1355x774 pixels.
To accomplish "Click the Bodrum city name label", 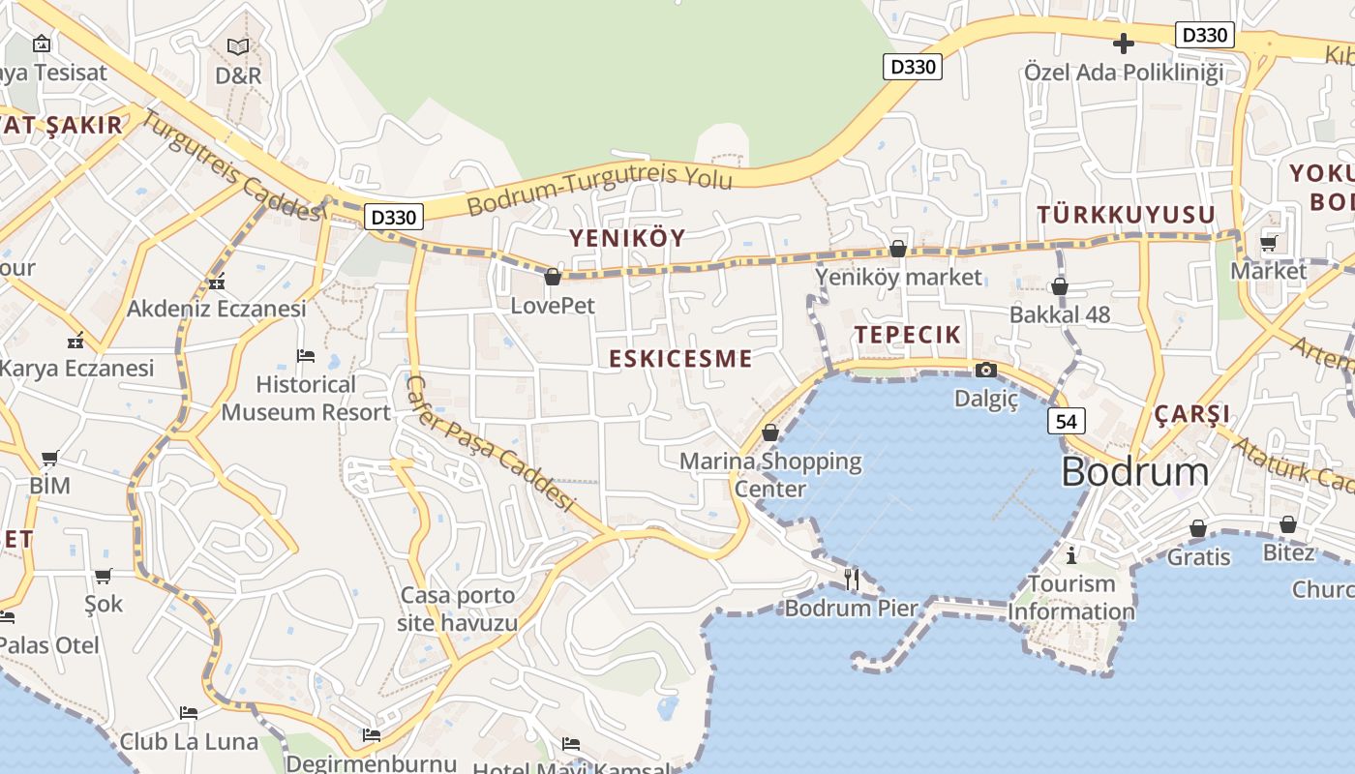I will pos(1134,472).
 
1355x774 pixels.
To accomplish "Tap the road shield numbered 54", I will pos(1066,421).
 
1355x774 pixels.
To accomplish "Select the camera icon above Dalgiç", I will pos(985,370).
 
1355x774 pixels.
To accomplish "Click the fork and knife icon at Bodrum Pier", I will pos(852,579).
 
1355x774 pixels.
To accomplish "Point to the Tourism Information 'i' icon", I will pos(1071,555).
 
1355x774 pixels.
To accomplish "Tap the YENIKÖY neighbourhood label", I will pos(627,238).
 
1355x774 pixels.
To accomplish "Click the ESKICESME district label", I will pos(680,359).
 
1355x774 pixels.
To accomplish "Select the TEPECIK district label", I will pos(908,335).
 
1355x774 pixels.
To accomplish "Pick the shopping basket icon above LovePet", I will pos(553,278).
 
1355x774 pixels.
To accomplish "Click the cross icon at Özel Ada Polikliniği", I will pos(1124,44).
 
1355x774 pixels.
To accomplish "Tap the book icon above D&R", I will pos(238,45).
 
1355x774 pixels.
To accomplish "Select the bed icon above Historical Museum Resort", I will pos(306,356).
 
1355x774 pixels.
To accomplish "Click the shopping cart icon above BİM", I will pos(49,458).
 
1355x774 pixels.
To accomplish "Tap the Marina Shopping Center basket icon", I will pos(770,432).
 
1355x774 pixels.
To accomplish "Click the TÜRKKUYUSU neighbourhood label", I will pos(1126,215).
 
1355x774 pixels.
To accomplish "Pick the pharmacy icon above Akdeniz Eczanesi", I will pos(217,283).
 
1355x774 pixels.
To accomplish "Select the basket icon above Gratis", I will pos(1198,528).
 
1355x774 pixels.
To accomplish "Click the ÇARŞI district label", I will pos(1191,414).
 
